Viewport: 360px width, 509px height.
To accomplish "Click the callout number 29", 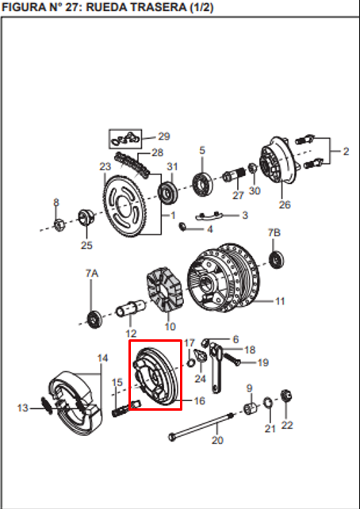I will [x=164, y=136].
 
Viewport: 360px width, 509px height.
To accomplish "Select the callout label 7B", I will [x=274, y=233].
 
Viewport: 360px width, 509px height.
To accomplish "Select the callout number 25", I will [x=86, y=245].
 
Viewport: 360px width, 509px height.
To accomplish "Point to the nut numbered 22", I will [x=288, y=396].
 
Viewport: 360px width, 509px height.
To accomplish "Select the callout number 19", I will [x=262, y=362].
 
